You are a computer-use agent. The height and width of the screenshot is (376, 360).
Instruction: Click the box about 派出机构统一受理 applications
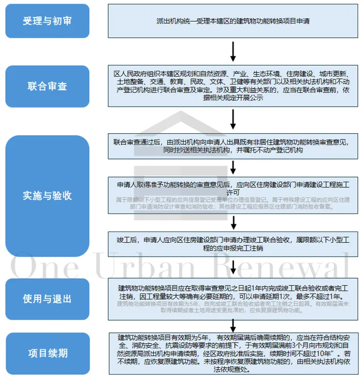tap(233, 21)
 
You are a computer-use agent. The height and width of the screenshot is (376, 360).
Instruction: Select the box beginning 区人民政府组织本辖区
tap(233, 86)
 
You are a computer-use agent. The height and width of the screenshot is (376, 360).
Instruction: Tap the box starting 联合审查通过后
tap(233, 146)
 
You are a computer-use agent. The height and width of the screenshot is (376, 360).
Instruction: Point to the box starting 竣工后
tap(233, 243)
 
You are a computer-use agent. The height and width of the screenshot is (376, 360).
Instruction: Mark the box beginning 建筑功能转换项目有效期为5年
tap(233, 353)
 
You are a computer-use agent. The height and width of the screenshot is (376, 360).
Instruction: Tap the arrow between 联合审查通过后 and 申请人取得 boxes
tap(233, 167)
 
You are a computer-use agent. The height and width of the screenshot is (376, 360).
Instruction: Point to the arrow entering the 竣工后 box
tap(233, 222)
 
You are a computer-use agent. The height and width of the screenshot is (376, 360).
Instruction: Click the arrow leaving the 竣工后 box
tap(233, 267)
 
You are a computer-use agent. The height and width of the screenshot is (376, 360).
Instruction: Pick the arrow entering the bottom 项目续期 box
tap(233, 324)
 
